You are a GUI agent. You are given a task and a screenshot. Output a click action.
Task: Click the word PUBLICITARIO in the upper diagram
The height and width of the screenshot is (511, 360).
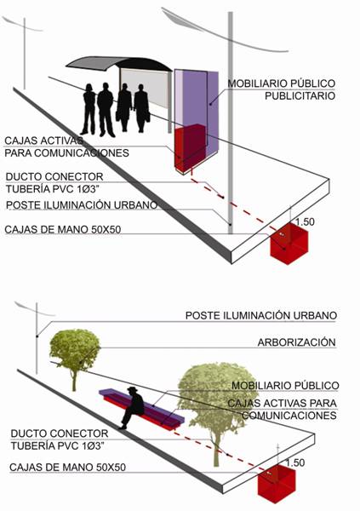coord(300,95)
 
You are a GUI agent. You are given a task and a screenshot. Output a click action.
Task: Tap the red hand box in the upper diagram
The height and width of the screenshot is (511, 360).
coord(289,244)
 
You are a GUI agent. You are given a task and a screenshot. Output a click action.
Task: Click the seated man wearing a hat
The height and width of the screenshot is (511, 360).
coord(133,407)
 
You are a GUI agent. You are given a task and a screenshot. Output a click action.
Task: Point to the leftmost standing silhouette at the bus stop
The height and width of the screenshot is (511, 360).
coord(89,109)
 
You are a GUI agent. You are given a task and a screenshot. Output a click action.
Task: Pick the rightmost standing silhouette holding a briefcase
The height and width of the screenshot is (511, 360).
coord(142,108)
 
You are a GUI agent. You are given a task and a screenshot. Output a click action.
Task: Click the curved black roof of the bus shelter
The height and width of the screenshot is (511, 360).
coord(119,63)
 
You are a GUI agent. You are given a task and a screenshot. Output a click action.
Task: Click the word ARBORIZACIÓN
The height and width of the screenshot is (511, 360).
coord(296,342)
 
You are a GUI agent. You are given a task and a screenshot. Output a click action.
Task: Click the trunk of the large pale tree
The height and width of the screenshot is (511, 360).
coord(217,446)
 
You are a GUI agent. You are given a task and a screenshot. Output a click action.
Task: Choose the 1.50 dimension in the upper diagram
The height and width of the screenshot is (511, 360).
coord(305,222)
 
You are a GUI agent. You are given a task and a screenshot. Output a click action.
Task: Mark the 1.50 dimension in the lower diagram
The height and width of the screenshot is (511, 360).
coord(295,462)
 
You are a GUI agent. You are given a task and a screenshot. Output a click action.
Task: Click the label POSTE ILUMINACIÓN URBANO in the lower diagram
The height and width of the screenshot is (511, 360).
coord(261,315)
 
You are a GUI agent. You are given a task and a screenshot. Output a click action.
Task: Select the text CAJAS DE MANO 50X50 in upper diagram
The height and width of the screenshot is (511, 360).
coord(62,229)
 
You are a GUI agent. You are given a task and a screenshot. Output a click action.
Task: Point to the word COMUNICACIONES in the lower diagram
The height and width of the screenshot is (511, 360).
coord(289,416)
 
